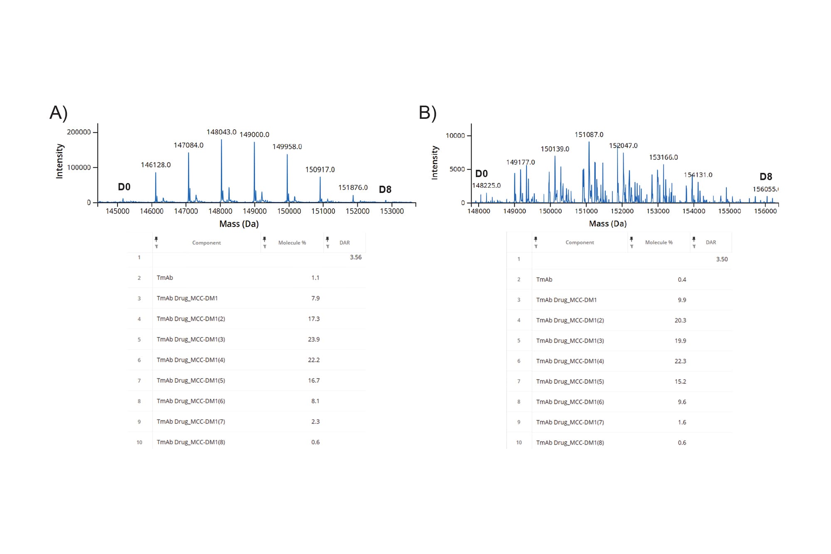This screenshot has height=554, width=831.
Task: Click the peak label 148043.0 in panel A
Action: pyautogui.click(x=221, y=132)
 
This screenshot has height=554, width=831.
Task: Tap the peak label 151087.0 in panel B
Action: pyautogui.click(x=589, y=135)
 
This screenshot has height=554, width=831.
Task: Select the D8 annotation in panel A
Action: pyautogui.click(x=385, y=190)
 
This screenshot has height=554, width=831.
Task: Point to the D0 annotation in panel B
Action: pyautogui.click(x=481, y=174)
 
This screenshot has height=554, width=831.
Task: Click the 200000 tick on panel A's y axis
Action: pyautogui.click(x=79, y=132)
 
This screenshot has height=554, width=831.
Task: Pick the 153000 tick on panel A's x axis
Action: pyautogui.click(x=392, y=211)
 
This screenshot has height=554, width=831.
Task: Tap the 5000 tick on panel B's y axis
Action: pyautogui.click(x=457, y=169)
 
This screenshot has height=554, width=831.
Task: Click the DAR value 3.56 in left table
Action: pyautogui.click(x=355, y=257)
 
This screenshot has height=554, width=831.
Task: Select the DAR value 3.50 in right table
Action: pyautogui.click(x=722, y=259)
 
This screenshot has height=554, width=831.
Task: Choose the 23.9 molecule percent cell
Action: pyautogui.click(x=314, y=340)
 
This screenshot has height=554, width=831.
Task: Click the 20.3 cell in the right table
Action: pyautogui.click(x=680, y=320)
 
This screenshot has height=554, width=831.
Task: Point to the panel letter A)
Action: pyautogui.click(x=59, y=113)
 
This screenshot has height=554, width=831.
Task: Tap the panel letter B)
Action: pyautogui.click(x=428, y=113)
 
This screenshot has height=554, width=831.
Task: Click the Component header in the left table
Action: pyautogui.click(x=207, y=243)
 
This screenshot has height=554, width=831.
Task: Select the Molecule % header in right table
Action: pyautogui.click(x=659, y=242)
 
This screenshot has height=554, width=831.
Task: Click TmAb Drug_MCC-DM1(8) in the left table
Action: pyautogui.click(x=191, y=442)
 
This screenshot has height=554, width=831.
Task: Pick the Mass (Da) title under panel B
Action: pyautogui.click(x=607, y=224)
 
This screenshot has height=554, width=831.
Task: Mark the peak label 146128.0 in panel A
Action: pyautogui.click(x=156, y=165)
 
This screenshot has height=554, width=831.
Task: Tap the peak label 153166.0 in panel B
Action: pyautogui.click(x=663, y=158)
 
